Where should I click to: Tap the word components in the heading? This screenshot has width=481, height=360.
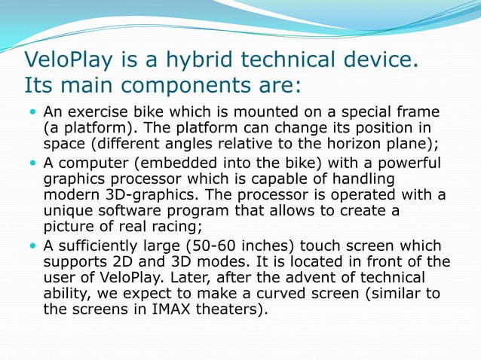point(179,81)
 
